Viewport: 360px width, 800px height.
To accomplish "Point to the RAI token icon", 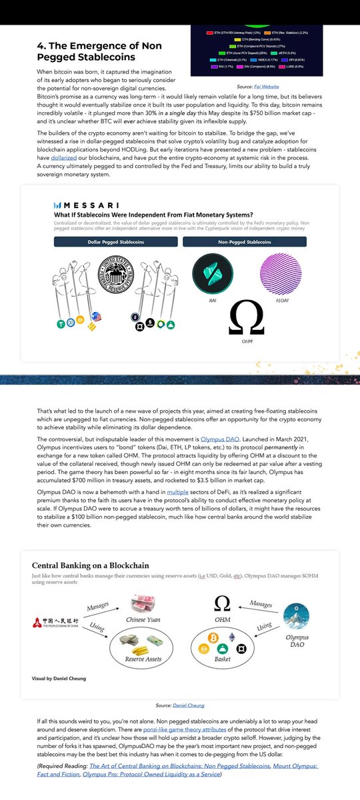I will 212,275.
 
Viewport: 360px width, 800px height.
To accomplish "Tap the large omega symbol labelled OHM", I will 245,320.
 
